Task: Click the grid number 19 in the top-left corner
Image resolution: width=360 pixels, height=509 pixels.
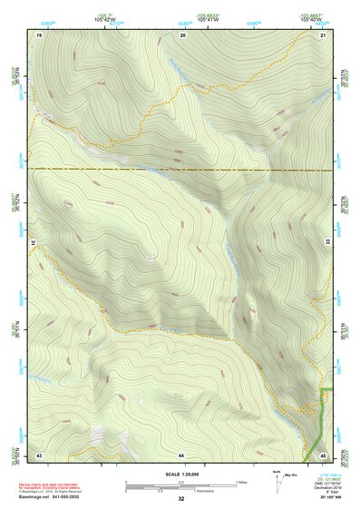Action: click(39, 34)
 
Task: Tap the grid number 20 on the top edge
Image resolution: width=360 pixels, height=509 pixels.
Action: click(183, 34)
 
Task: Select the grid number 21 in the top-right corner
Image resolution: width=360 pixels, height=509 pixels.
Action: click(323, 34)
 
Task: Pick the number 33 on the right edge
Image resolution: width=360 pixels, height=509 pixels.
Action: click(328, 244)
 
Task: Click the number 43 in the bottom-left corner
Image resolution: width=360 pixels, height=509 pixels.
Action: click(39, 454)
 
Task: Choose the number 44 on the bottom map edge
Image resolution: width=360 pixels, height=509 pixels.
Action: click(181, 454)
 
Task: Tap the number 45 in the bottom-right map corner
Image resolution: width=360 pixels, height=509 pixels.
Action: click(324, 454)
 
